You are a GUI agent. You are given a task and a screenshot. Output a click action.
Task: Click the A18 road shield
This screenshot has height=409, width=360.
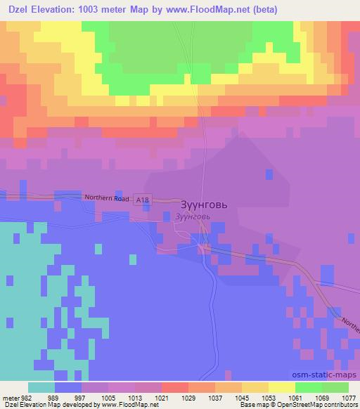(143, 200)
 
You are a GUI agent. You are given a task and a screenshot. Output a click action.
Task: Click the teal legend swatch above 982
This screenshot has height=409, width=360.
(41, 387)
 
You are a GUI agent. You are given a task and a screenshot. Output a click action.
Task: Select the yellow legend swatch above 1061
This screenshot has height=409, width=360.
(282, 387)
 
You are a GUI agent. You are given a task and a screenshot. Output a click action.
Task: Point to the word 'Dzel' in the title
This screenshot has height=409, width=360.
(14, 9)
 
